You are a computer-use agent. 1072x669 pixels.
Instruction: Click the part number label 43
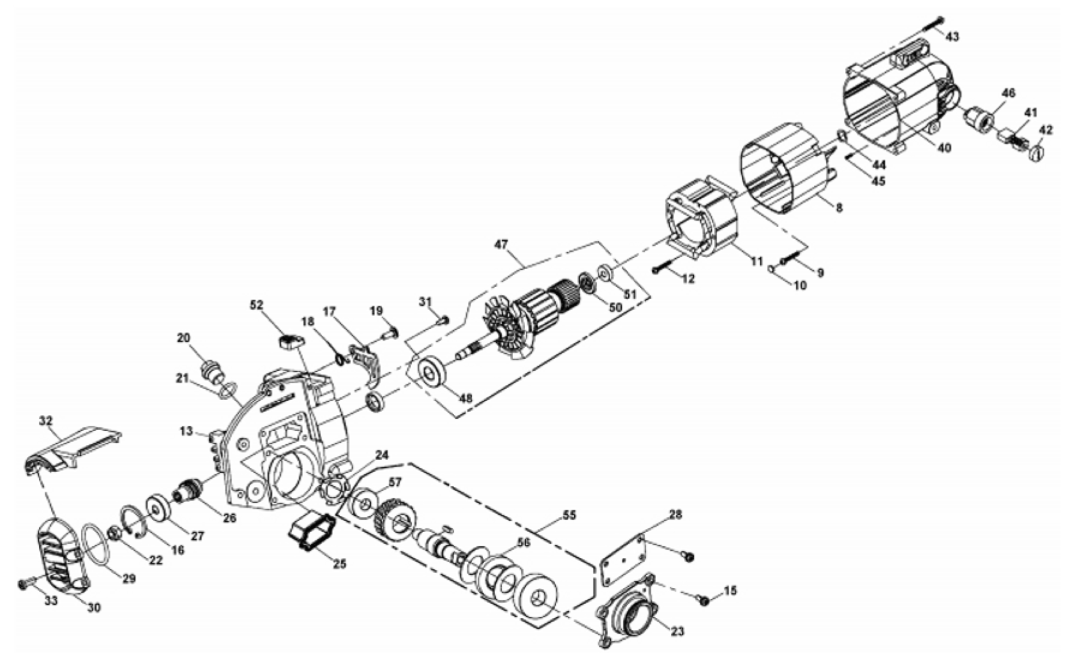click(x=952, y=36)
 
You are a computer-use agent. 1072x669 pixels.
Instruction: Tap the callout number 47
click(x=501, y=245)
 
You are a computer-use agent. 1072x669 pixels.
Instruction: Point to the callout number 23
click(x=678, y=632)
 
